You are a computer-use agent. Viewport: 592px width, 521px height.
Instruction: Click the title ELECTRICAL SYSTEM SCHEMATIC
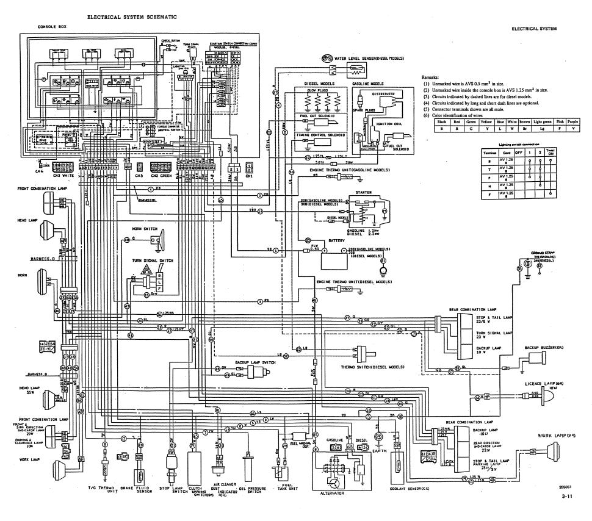tap(132, 17)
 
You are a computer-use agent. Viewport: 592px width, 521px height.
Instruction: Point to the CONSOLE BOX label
tap(52, 27)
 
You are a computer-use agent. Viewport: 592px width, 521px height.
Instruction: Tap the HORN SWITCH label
tap(145, 228)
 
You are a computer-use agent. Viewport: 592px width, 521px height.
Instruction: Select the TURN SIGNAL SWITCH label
tap(153, 260)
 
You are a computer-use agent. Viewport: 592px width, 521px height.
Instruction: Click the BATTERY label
tap(337, 241)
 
